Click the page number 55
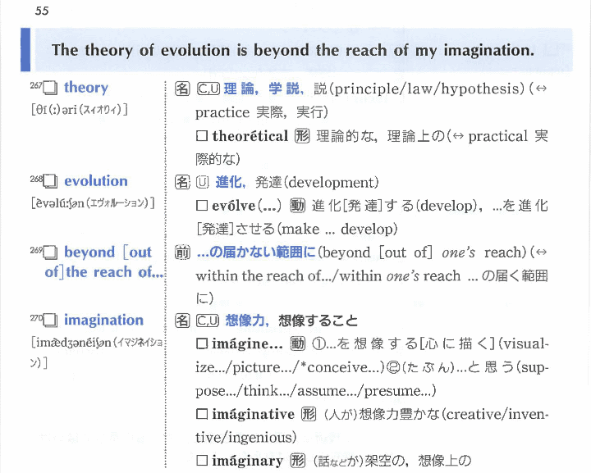pyautogui.click(x=42, y=11)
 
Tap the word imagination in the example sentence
pyautogui.click(x=489, y=50)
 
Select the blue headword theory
pyautogui.click(x=86, y=87)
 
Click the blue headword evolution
pyautogui.click(x=96, y=181)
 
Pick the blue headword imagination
pyautogui.click(x=103, y=321)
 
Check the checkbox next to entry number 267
pyautogui.click(x=50, y=88)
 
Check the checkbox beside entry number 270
pyautogui.click(x=50, y=321)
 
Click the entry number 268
pyautogui.click(x=36, y=179)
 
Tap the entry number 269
pyautogui.click(x=36, y=250)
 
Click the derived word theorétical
pyautogui.click(x=250, y=136)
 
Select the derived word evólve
pyautogui.click(x=234, y=206)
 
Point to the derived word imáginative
pyautogui.click(x=253, y=414)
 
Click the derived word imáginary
pyautogui.click(x=247, y=461)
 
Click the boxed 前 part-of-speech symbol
pyautogui.click(x=182, y=252)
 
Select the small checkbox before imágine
pyautogui.click(x=202, y=343)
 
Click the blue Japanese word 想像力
pyautogui.click(x=245, y=321)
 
